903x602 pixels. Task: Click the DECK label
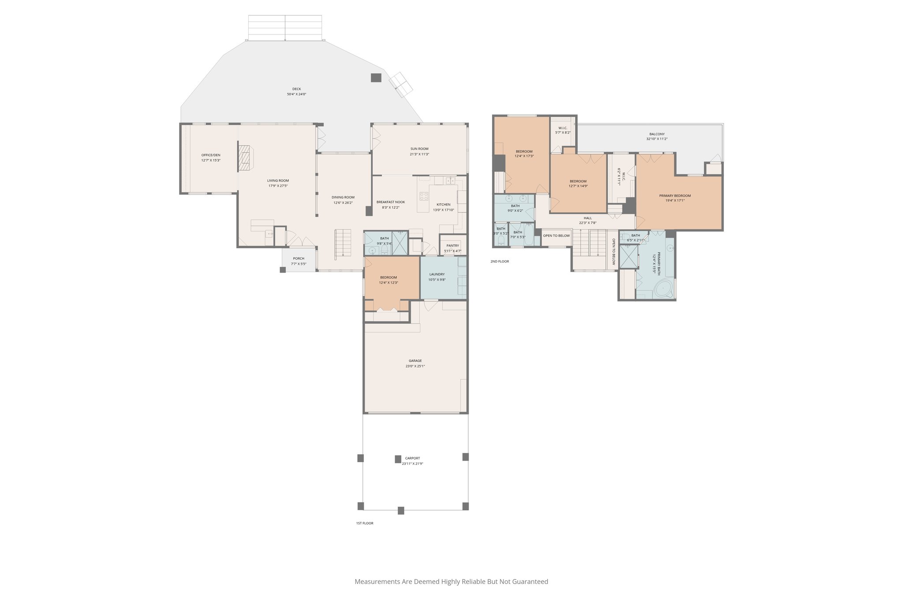[x=296, y=89]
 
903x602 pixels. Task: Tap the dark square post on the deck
[x=376, y=78]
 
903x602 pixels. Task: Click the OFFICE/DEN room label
[x=211, y=155]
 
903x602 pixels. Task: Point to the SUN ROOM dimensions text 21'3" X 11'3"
[x=419, y=154]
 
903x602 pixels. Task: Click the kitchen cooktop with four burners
[x=424, y=196]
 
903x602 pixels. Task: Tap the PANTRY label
[x=452, y=246]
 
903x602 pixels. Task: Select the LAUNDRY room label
[x=437, y=274]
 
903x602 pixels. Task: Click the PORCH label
[x=299, y=258]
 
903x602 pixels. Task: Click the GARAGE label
[x=415, y=361]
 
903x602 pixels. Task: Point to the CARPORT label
[x=412, y=458]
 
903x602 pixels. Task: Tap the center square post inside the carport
[x=398, y=459]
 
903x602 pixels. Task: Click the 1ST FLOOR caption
[x=365, y=523]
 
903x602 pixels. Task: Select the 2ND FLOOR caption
[x=500, y=262]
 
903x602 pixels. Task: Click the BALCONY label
[x=657, y=134]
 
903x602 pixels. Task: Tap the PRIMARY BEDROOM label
[x=675, y=196]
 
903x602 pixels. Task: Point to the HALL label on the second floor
[x=588, y=218]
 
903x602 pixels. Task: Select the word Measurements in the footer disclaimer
[x=377, y=582]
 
